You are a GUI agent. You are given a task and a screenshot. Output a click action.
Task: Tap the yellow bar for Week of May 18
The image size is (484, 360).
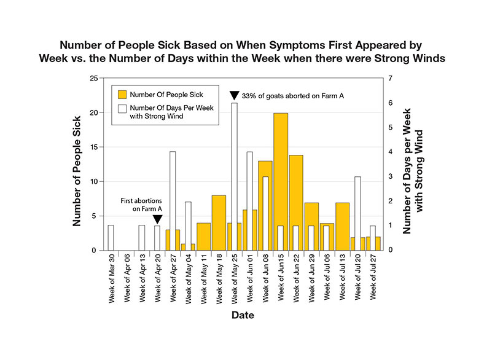click(x=219, y=222)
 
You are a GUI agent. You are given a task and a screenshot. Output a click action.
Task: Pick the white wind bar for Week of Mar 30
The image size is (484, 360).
click(x=111, y=238)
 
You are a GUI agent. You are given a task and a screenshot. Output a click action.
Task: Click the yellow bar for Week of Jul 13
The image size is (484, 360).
click(x=343, y=226)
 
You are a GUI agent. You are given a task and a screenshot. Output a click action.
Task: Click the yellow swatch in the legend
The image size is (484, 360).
click(x=123, y=95)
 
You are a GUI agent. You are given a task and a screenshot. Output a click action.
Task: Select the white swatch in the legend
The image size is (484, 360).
click(x=123, y=110)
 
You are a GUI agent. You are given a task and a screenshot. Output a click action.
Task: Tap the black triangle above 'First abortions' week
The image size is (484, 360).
click(x=157, y=219)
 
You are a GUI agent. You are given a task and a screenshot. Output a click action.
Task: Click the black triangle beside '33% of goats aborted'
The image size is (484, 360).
click(x=234, y=95)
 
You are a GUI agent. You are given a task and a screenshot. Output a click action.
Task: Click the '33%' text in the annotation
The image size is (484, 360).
click(x=249, y=95)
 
